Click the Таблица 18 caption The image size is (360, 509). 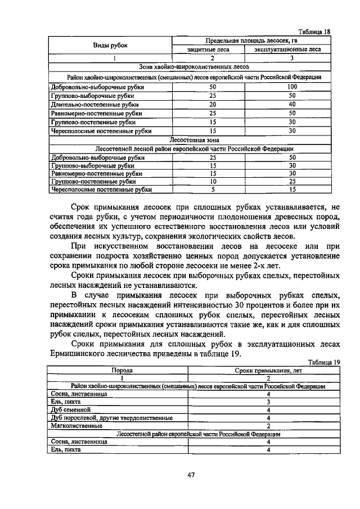tap(314, 32)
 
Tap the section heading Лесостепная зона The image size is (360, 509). tap(193, 140)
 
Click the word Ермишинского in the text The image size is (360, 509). tap(80, 354)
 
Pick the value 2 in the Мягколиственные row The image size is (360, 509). tap(268, 426)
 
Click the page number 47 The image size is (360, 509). tap(191, 475)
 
